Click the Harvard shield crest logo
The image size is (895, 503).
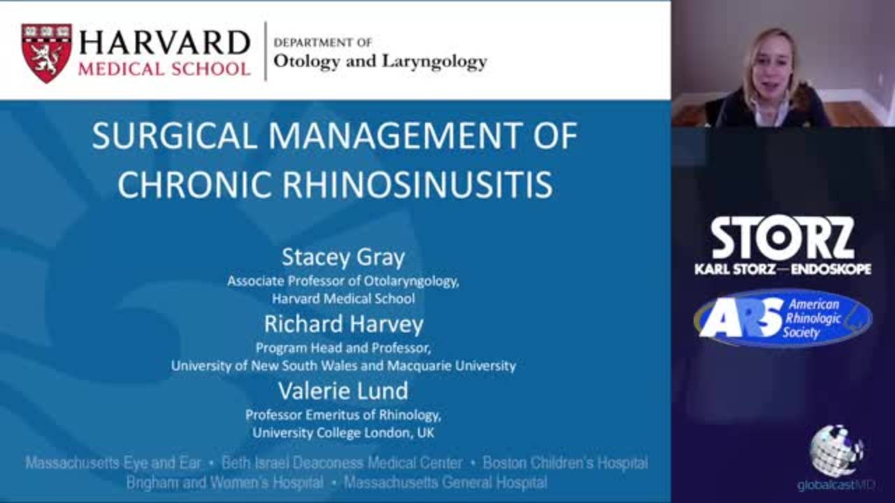tap(47, 52)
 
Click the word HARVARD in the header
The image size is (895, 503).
tap(164, 43)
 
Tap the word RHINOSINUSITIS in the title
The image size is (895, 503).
tap(417, 185)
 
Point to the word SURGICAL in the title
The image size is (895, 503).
tap(175, 136)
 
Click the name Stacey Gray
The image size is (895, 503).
tap(343, 258)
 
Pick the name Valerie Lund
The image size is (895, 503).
tap(343, 391)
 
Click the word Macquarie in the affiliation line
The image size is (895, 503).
tap(419, 365)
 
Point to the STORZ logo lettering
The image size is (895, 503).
tap(782, 238)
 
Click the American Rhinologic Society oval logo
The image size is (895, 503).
tap(782, 319)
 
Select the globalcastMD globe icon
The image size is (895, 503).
tap(836, 450)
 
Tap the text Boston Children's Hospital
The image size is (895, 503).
tap(566, 463)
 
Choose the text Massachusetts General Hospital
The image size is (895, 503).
tap(445, 483)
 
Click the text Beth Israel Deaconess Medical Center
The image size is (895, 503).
tap(342, 463)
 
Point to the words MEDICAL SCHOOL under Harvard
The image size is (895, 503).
tap(164, 69)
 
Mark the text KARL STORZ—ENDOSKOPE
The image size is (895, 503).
tap(782, 269)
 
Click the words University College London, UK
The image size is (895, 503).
tap(343, 432)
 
